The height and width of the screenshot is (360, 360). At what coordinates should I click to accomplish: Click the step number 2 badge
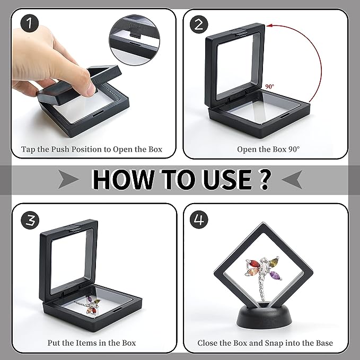coord(199,24)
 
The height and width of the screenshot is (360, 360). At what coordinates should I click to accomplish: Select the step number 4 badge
coord(199,218)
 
